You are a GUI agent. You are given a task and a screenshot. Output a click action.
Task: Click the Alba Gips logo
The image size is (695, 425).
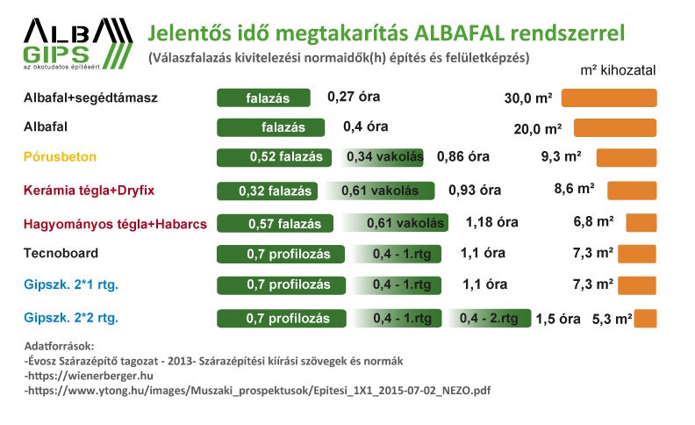78,44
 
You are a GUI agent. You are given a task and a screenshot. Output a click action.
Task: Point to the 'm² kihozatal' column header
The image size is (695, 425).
618,70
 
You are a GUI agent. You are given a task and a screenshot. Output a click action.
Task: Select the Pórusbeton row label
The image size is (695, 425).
60,156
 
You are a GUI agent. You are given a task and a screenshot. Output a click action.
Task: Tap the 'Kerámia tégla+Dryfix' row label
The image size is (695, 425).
90,191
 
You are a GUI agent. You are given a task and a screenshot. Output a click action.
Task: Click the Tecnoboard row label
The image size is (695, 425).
61,253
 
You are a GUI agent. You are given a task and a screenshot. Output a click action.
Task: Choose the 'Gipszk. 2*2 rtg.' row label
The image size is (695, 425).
71,318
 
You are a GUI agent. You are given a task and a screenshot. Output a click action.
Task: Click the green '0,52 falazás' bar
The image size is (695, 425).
274,157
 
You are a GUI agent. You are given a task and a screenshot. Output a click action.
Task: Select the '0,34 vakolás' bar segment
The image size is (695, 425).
382,157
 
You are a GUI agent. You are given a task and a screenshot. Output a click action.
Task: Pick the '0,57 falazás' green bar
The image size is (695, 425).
275,223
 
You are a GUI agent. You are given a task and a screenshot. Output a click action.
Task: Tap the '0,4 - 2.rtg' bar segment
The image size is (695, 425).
490,318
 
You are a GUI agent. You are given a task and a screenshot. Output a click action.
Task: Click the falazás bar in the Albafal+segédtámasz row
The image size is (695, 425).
263,98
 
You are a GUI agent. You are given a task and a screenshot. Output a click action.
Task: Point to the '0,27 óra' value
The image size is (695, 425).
354,97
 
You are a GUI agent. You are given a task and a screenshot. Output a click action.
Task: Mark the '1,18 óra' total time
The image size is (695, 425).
492,222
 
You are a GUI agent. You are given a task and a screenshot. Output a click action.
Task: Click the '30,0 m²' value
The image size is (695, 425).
528,98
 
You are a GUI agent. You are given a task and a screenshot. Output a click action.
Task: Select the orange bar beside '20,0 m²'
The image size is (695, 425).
615,128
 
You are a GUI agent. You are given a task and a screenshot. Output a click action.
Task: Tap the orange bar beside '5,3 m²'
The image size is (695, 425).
645,319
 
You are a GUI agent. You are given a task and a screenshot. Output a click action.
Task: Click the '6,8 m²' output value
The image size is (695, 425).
593,221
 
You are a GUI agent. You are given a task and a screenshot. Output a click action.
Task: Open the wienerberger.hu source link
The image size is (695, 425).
90,376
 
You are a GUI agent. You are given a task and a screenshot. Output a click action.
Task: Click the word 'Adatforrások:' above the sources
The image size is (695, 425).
60,346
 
